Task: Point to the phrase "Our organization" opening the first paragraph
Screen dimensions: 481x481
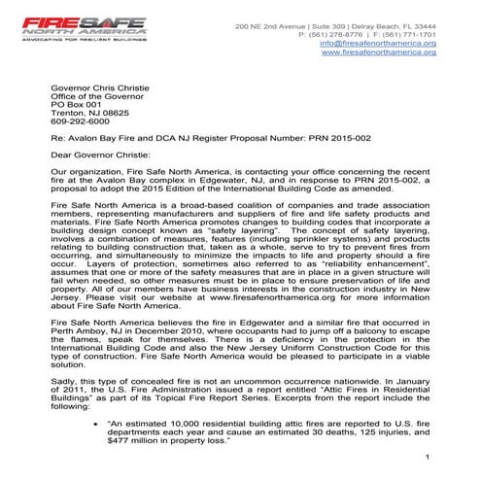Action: click(x=83, y=168)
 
